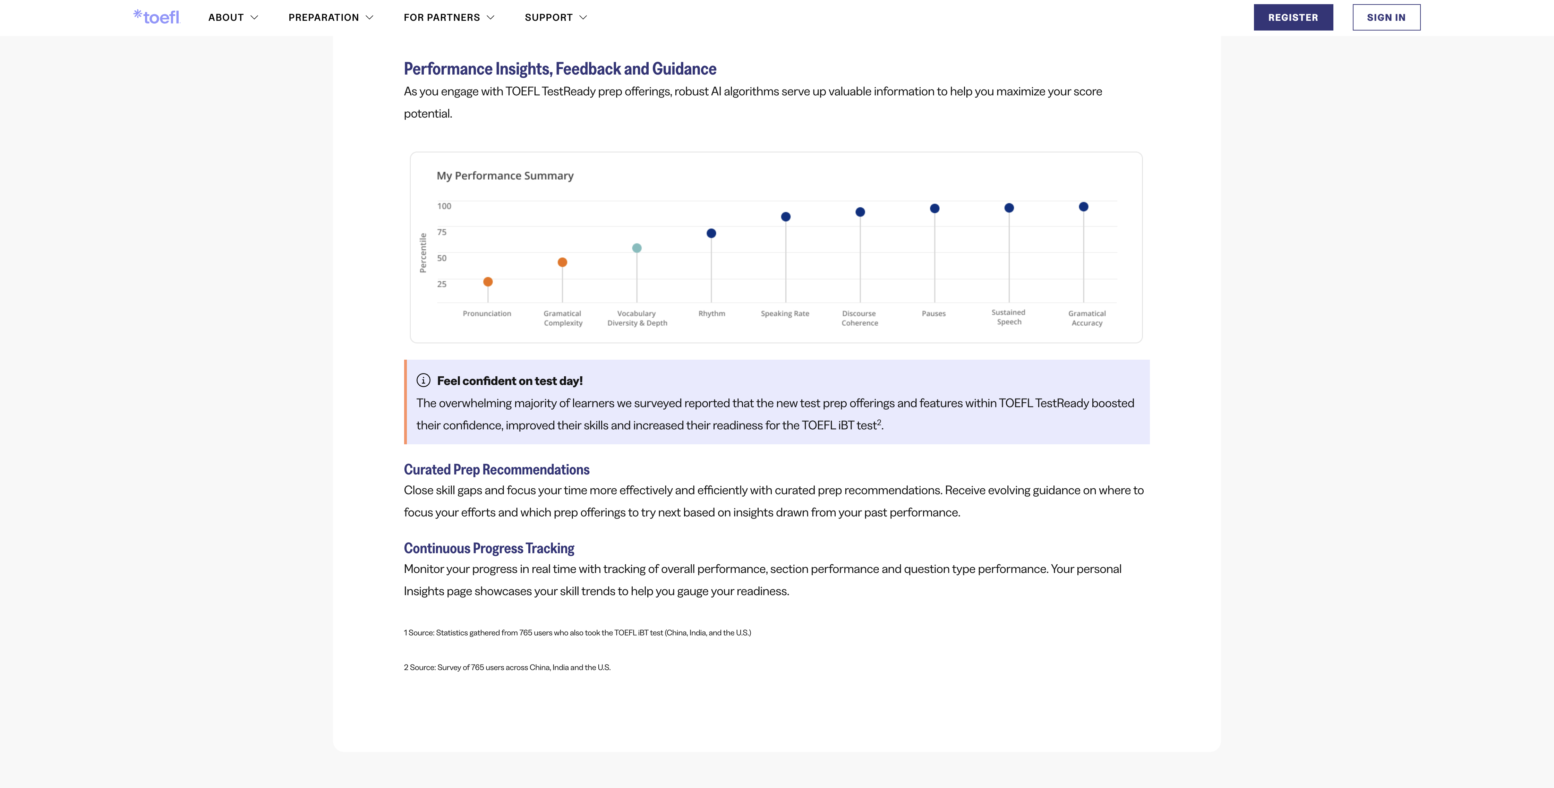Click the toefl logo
pos(157,17)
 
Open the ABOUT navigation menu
pos(233,17)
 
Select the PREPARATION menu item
pos(331,17)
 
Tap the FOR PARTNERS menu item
pos(449,17)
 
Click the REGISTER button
pos(1293,17)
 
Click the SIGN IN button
pos(1386,17)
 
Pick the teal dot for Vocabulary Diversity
pos(637,248)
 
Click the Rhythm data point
pos(711,233)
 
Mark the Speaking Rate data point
pos(785,217)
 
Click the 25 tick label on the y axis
pos(442,284)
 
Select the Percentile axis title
pos(423,253)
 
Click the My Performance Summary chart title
pos(505,175)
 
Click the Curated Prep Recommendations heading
pos(496,469)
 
